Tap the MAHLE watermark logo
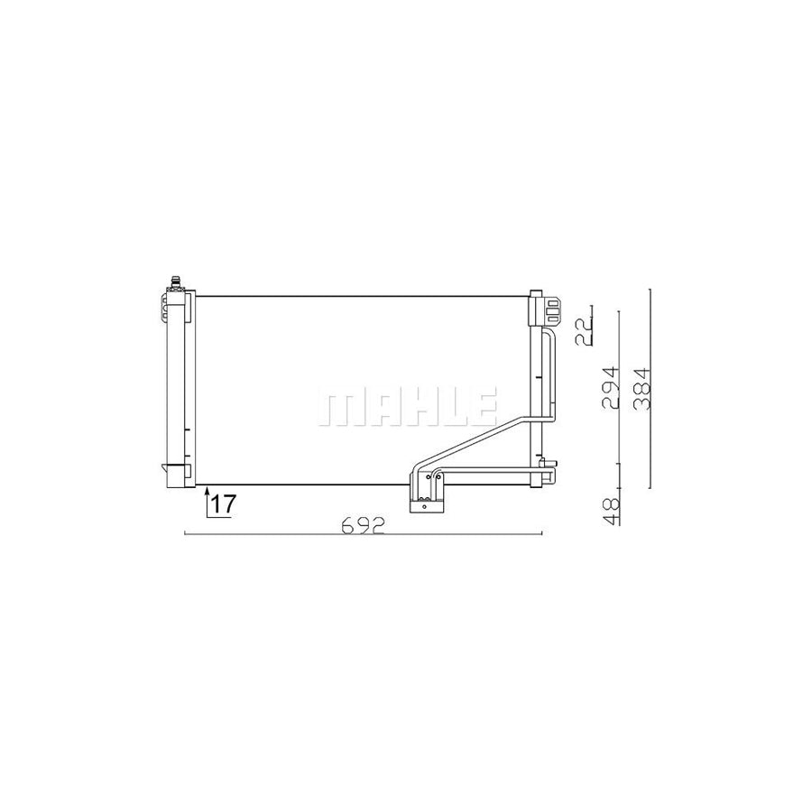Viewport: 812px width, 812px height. coord(406,408)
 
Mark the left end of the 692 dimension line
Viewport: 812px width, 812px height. coord(184,535)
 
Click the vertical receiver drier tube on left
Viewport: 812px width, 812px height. coord(176,388)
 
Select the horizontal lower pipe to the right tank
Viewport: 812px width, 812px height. coord(487,473)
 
